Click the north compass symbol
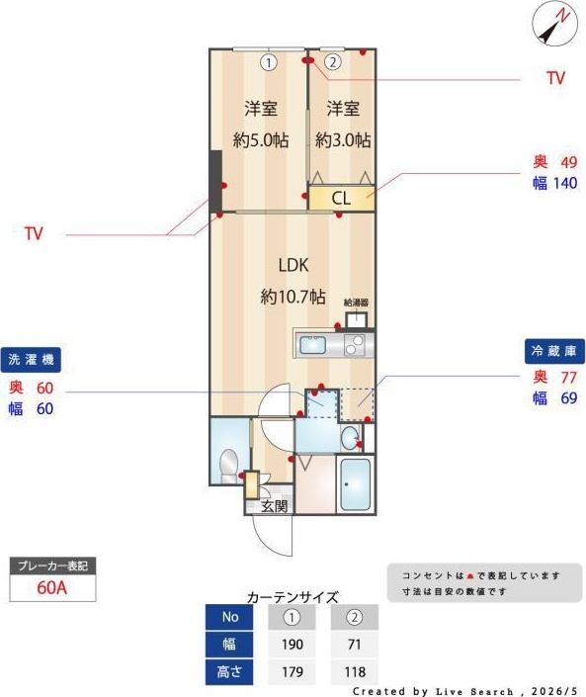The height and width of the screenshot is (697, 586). [x=555, y=24]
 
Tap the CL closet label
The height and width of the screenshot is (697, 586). [x=341, y=199]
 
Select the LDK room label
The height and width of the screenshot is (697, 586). [x=293, y=265]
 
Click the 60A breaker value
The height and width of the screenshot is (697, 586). [x=52, y=587]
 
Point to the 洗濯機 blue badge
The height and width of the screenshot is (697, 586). [x=31, y=359]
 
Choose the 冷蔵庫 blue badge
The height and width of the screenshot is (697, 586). [x=554, y=351]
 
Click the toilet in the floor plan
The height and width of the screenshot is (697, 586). [x=229, y=466]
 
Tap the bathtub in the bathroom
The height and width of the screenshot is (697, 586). [x=355, y=484]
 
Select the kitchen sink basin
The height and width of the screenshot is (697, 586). [x=313, y=345]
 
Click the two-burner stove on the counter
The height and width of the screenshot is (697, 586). [x=355, y=345]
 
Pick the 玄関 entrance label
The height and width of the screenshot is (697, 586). [x=274, y=506]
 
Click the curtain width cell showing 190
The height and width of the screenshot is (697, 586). [x=292, y=644]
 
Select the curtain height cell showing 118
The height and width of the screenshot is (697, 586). [x=355, y=671]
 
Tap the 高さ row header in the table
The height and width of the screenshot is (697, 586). [x=229, y=671]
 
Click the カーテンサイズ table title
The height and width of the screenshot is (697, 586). [x=293, y=597]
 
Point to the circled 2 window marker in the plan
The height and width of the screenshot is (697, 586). [x=333, y=61]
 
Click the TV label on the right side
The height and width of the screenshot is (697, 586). [x=555, y=78]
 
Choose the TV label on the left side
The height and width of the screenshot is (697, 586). [x=34, y=233]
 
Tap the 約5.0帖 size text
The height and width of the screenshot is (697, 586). [x=261, y=140]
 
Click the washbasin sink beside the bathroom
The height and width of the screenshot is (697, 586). [x=350, y=438]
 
